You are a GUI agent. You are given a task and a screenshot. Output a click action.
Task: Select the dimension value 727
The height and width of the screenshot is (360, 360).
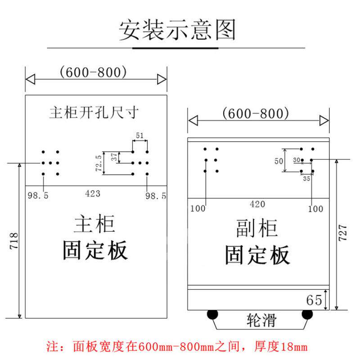click(x=342, y=234)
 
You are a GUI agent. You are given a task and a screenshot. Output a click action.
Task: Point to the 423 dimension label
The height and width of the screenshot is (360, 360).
click(x=93, y=194)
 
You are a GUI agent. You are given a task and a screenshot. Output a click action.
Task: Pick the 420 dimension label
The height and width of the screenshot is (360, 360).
click(x=257, y=204)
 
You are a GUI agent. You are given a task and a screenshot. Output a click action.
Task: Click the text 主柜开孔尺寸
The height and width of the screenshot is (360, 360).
click(x=94, y=112)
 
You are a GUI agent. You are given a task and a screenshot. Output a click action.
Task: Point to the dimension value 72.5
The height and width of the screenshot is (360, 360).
click(x=99, y=163)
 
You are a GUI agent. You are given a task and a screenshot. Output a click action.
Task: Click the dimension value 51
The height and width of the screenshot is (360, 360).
click(x=140, y=135)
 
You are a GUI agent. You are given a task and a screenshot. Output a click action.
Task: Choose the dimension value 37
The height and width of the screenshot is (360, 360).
click(x=114, y=157)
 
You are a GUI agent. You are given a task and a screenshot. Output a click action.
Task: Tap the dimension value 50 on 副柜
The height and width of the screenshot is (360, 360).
click(x=279, y=161)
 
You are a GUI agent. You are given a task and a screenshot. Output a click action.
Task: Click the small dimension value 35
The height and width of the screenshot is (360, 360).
click(x=307, y=179)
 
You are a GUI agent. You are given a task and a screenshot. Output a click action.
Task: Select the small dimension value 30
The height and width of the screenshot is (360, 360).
click(x=297, y=160)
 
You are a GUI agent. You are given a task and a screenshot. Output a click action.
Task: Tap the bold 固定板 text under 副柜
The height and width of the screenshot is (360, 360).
click(x=257, y=255)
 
